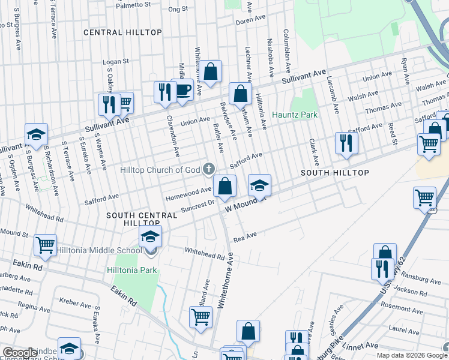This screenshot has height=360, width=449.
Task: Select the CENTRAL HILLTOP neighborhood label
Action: tap(122, 32)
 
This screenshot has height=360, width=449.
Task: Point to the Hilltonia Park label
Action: tap(133, 270)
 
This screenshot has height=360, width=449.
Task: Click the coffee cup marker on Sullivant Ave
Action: tap(182, 90)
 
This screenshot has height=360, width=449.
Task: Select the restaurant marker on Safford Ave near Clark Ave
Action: tap(346, 142)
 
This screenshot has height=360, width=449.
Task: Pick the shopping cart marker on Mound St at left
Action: tap(45, 245)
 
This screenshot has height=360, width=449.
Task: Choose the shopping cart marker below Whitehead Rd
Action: tap(200, 316)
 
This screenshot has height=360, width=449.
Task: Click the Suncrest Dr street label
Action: tap(197, 206)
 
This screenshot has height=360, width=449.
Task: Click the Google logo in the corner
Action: tap(20, 353)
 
